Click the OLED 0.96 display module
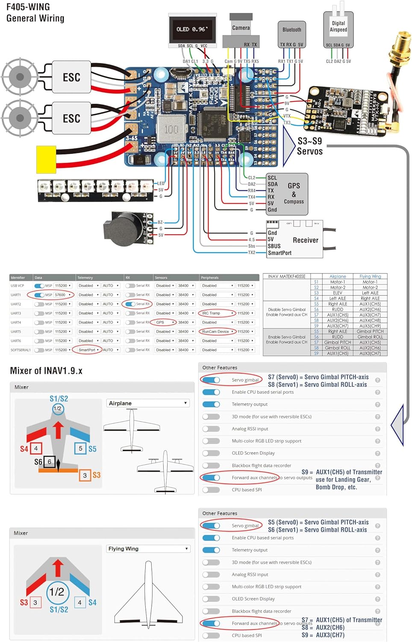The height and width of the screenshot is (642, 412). [192, 29]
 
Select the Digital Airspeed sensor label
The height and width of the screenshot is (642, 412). [338, 27]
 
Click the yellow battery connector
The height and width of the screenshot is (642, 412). [46, 160]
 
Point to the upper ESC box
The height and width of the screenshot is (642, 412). [71, 77]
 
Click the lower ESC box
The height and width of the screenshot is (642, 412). [71, 119]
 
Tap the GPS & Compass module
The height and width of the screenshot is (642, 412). [287, 193]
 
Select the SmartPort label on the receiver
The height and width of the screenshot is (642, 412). [280, 253]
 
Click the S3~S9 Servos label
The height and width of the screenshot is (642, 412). [310, 146]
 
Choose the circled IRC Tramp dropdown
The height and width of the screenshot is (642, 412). [218, 313]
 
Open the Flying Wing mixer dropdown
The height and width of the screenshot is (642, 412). [148, 549]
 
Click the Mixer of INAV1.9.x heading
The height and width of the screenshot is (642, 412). [46, 371]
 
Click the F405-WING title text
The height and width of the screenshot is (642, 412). [28, 7]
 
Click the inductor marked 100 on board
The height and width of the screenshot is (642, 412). [171, 129]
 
